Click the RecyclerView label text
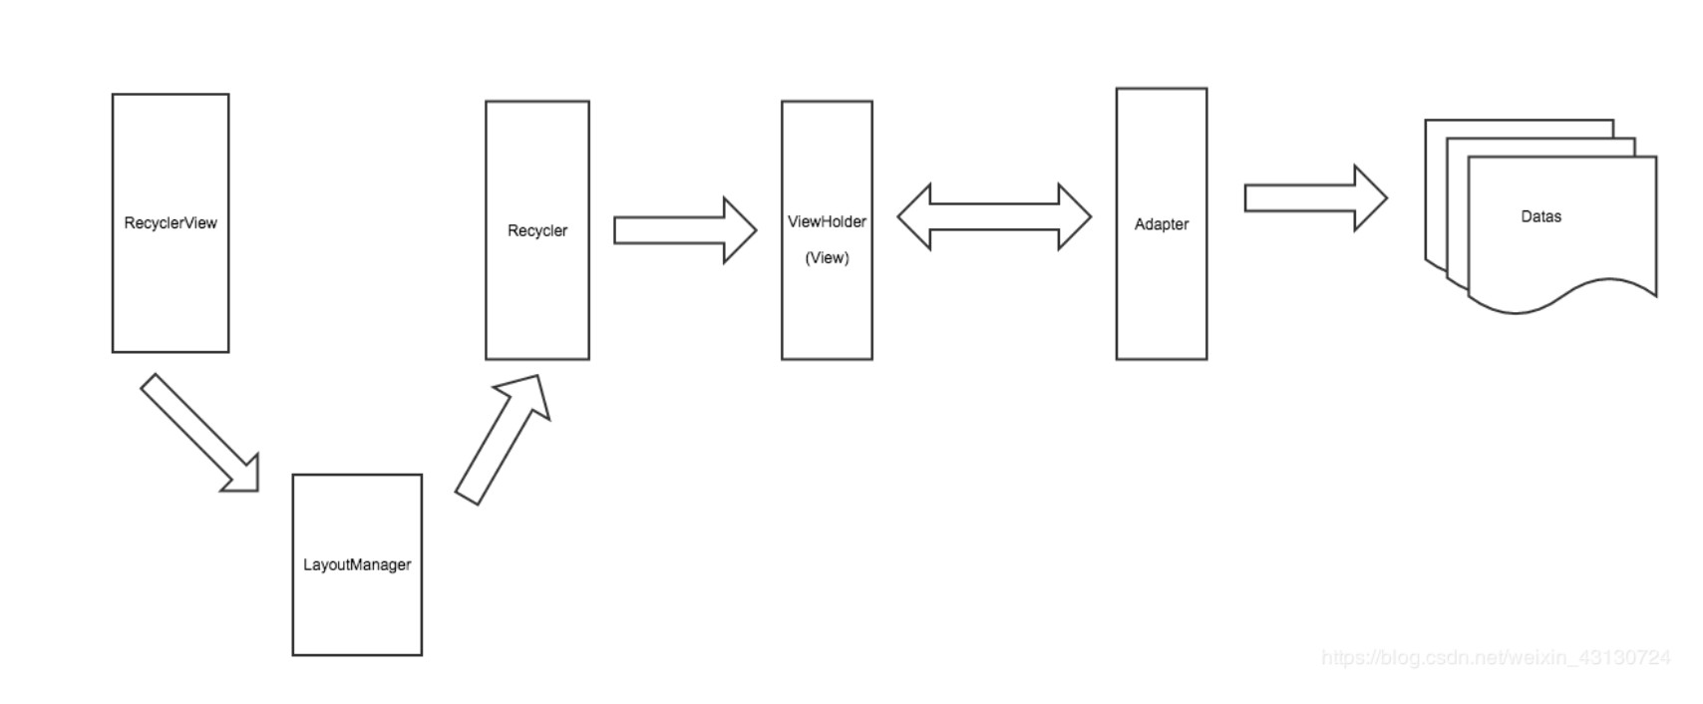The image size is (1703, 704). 170,222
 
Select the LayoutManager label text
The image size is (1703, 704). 357,564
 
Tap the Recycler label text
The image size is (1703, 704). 537,230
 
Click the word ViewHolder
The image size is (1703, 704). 828,221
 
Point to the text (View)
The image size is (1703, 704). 828,257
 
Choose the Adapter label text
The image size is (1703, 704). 1162,224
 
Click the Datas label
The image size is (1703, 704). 1541,216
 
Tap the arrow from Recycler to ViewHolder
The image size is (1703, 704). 685,230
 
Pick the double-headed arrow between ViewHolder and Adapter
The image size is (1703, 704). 994,216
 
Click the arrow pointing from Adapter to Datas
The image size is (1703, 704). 1316,198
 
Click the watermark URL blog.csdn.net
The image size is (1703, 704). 1496,657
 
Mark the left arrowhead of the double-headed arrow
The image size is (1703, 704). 914,216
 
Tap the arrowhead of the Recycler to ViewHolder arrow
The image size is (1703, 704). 740,230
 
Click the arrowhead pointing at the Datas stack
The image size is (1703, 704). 1371,198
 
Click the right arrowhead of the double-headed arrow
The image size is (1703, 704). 1075,216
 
